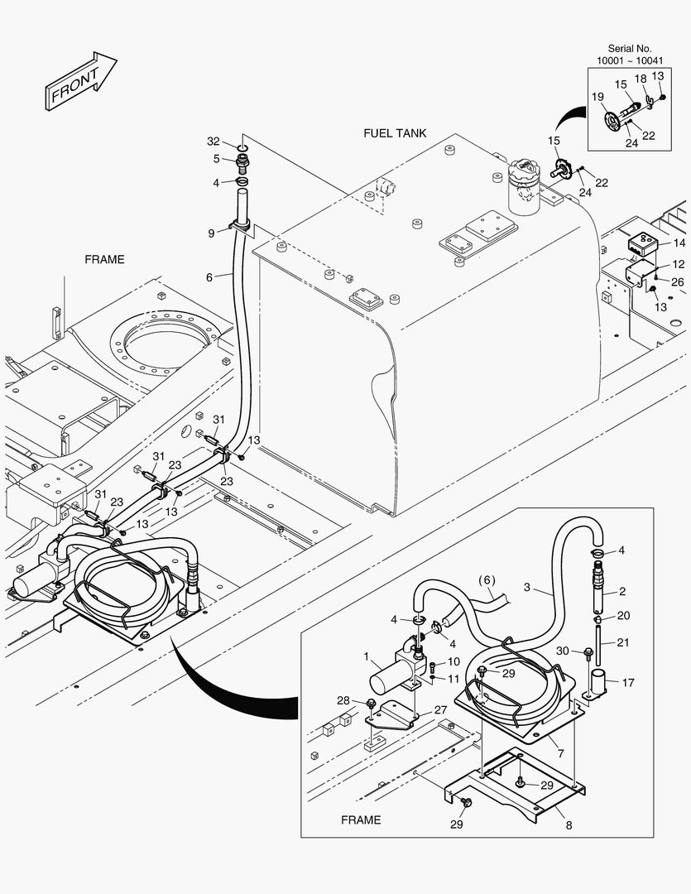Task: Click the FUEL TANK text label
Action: [x=396, y=132]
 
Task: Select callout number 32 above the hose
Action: [x=214, y=142]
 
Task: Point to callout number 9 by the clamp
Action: [x=212, y=233]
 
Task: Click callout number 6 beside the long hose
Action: [x=209, y=277]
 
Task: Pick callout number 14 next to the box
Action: [x=679, y=243]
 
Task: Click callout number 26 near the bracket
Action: [x=678, y=281]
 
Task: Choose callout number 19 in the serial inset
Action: [x=597, y=97]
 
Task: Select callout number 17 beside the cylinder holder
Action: [x=628, y=683]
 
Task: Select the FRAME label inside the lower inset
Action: [x=361, y=819]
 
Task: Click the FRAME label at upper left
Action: [x=104, y=259]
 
